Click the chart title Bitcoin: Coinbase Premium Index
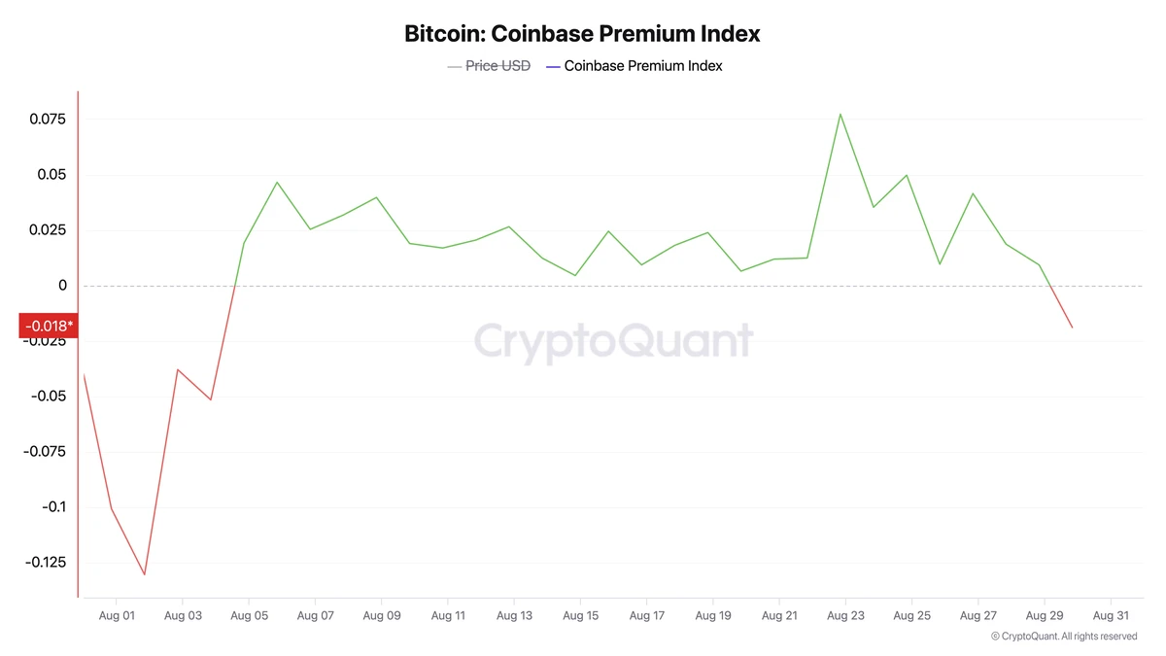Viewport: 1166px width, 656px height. point(582,33)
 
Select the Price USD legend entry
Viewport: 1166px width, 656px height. point(497,66)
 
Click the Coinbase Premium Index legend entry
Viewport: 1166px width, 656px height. point(642,66)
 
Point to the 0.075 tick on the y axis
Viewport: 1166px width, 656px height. point(48,120)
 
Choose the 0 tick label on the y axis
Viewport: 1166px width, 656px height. point(61,286)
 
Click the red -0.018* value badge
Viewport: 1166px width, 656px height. point(49,325)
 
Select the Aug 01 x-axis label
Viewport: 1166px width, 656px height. point(116,615)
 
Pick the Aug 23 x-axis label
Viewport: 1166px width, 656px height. point(845,615)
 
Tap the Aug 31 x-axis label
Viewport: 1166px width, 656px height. point(1111,615)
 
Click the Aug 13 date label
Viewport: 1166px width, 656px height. point(514,615)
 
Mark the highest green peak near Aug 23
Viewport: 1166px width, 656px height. point(840,114)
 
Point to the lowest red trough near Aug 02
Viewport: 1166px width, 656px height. point(145,574)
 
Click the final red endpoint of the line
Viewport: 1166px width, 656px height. point(1073,328)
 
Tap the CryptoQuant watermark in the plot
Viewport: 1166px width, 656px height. point(613,341)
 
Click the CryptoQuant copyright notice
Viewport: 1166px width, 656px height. point(1064,637)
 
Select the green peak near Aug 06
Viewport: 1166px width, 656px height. point(277,182)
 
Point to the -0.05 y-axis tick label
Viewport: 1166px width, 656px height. point(48,397)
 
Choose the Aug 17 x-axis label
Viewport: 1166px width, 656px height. point(646,615)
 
